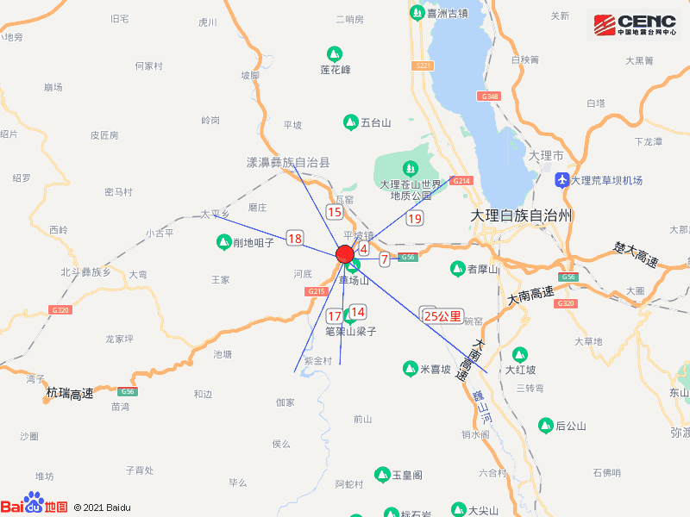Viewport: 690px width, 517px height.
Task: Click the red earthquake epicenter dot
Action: click(x=345, y=254)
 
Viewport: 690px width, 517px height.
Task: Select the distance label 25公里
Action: click(x=443, y=316)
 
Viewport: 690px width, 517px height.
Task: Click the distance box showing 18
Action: click(x=295, y=239)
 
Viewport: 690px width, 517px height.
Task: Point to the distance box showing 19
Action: click(x=415, y=219)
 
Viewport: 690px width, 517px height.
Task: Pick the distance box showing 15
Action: click(x=335, y=212)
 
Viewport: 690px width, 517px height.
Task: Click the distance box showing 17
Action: click(x=335, y=316)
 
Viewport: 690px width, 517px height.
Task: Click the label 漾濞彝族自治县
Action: click(x=288, y=162)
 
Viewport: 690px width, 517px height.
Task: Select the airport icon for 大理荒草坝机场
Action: click(x=563, y=180)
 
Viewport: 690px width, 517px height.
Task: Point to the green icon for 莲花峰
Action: click(x=335, y=53)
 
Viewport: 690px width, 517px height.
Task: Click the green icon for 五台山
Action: click(x=350, y=122)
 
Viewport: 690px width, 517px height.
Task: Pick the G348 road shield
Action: click(x=491, y=97)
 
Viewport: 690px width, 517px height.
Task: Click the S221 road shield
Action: click(x=422, y=65)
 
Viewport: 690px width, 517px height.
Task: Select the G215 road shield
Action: click(x=317, y=292)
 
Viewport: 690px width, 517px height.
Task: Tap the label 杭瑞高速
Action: click(x=69, y=395)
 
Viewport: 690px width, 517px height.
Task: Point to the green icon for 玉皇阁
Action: click(x=382, y=475)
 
